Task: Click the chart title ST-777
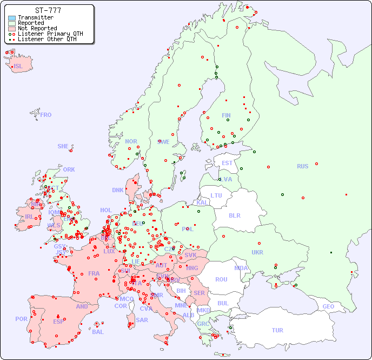[48, 10]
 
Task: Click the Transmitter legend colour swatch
[12, 18]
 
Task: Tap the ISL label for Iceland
[18, 67]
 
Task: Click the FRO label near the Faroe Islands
[46, 115]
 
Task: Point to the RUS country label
[302, 166]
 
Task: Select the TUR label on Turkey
[277, 330]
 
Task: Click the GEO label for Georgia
[328, 306]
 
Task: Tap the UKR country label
[257, 252]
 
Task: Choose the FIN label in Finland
[226, 115]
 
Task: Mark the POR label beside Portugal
[21, 319]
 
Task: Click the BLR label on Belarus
[234, 215]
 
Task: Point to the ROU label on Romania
[221, 279]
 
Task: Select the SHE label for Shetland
[63, 146]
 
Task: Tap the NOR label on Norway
[131, 141]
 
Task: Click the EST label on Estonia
[227, 163]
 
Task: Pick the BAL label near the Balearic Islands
[98, 332]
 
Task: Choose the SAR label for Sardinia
[142, 319]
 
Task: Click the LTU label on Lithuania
[216, 195]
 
